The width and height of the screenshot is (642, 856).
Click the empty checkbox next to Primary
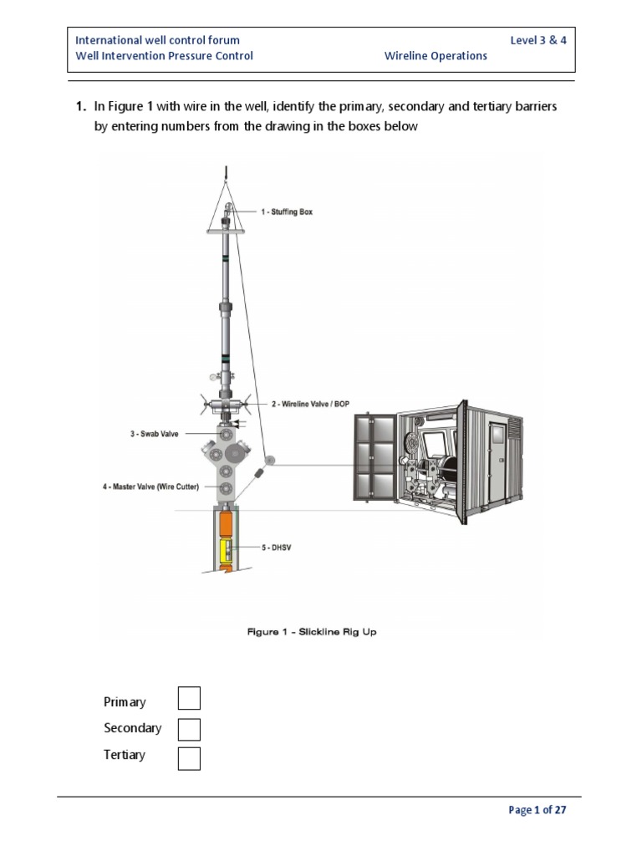click(x=189, y=698)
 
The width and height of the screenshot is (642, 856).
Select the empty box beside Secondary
click(x=189, y=728)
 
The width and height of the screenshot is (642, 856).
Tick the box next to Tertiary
click(x=189, y=758)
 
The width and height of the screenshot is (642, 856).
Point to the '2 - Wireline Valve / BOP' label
click(x=309, y=404)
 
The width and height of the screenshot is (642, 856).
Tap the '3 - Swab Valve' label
click(x=154, y=434)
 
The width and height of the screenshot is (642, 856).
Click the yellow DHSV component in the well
click(x=224, y=550)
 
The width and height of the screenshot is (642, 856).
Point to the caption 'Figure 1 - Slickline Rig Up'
click(x=312, y=632)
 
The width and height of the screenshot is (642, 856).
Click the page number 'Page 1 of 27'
click(x=538, y=810)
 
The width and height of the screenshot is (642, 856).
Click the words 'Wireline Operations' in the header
click(x=436, y=56)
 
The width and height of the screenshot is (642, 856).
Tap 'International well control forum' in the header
click(x=157, y=40)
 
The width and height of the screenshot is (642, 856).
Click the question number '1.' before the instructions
click(x=81, y=106)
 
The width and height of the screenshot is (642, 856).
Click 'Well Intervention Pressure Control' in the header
click(x=164, y=56)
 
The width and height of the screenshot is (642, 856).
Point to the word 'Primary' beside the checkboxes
click(x=125, y=702)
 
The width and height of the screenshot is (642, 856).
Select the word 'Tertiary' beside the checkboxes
click(x=125, y=755)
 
